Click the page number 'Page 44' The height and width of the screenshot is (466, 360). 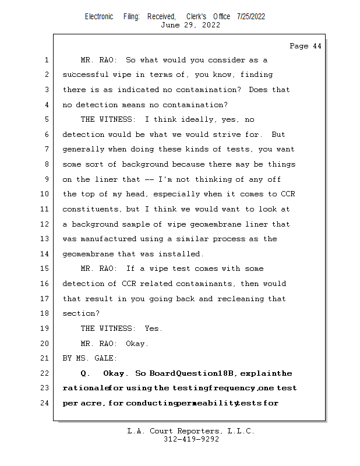pyautogui.click(x=305, y=46)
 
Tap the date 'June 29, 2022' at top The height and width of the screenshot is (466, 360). pyautogui.click(x=190, y=25)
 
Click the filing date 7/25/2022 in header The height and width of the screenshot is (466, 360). pyautogui.click(x=251, y=16)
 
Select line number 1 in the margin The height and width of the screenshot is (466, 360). pyautogui.click(x=46, y=60)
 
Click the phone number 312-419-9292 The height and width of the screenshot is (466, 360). pyautogui.click(x=191, y=440)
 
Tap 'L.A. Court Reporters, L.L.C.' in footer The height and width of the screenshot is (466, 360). pyautogui.click(x=191, y=431)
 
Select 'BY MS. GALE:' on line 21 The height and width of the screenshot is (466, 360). pyautogui.click(x=90, y=358)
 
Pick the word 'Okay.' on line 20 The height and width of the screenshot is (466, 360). pyautogui.click(x=137, y=343)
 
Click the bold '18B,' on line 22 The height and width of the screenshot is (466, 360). pyautogui.click(x=226, y=373)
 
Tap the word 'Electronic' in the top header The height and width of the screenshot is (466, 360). pyautogui.click(x=99, y=16)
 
